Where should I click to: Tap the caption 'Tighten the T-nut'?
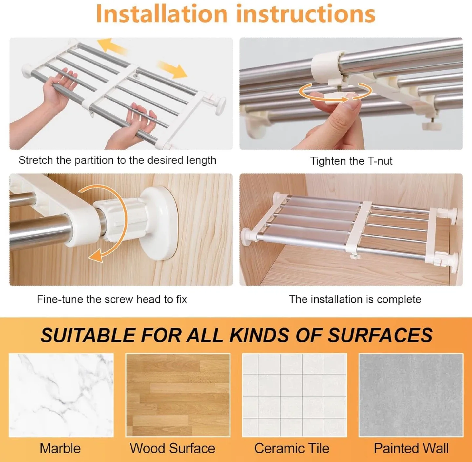coord(351,161)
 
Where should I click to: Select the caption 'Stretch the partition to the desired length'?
coord(117,160)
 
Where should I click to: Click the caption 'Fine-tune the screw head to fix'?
coord(112,299)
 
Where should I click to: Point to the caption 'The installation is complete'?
coord(355,299)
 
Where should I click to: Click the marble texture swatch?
coord(61,395)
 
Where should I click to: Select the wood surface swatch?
coord(178,395)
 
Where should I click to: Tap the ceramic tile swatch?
coord(294,395)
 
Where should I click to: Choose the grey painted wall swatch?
coord(411,395)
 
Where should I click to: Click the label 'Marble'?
coord(60,448)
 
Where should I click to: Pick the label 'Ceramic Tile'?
coord(292,448)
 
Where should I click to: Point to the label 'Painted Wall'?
coord(411,448)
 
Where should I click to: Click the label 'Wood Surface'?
coord(172,448)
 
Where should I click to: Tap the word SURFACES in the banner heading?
coord(380,335)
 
